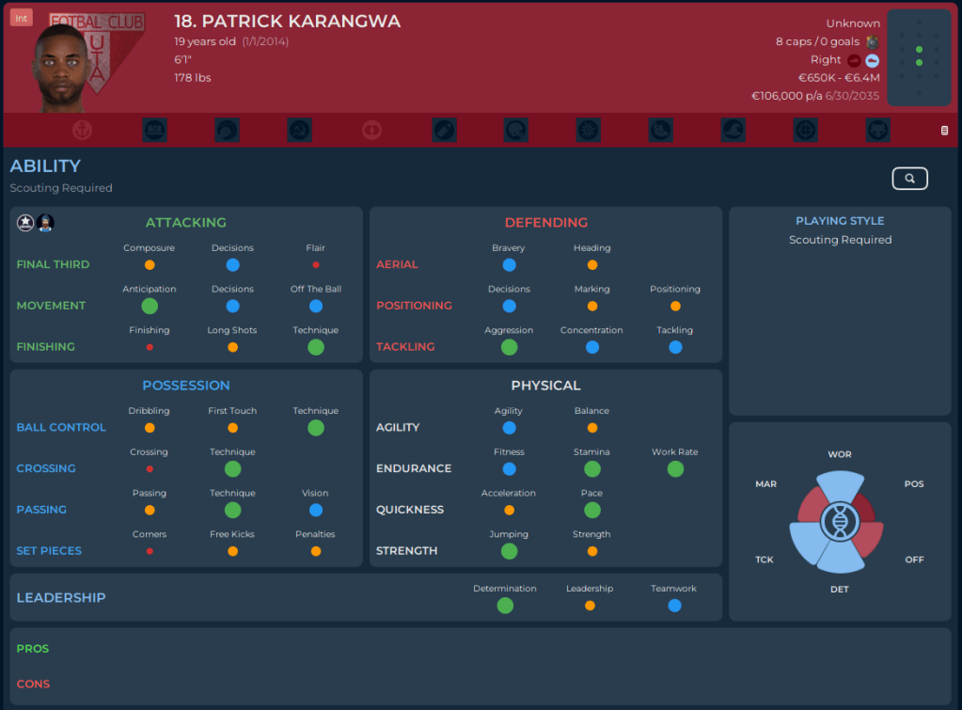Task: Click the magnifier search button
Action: (x=909, y=178)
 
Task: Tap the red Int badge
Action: (x=22, y=18)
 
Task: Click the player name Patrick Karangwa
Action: (x=287, y=22)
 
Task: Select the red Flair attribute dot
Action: (x=316, y=265)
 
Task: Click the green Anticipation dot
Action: (x=150, y=306)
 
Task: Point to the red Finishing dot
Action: (x=150, y=347)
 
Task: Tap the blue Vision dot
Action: (x=316, y=510)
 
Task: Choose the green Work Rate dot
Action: (x=675, y=468)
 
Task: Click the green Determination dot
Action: (x=505, y=606)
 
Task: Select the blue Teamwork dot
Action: (x=674, y=606)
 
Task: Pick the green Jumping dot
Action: (x=509, y=551)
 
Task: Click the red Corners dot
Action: (x=150, y=551)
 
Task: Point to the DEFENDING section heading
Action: (x=545, y=223)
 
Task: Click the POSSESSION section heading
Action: (x=186, y=386)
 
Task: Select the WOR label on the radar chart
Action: (x=840, y=454)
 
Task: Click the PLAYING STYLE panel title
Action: (x=840, y=221)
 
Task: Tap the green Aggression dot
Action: (x=509, y=347)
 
